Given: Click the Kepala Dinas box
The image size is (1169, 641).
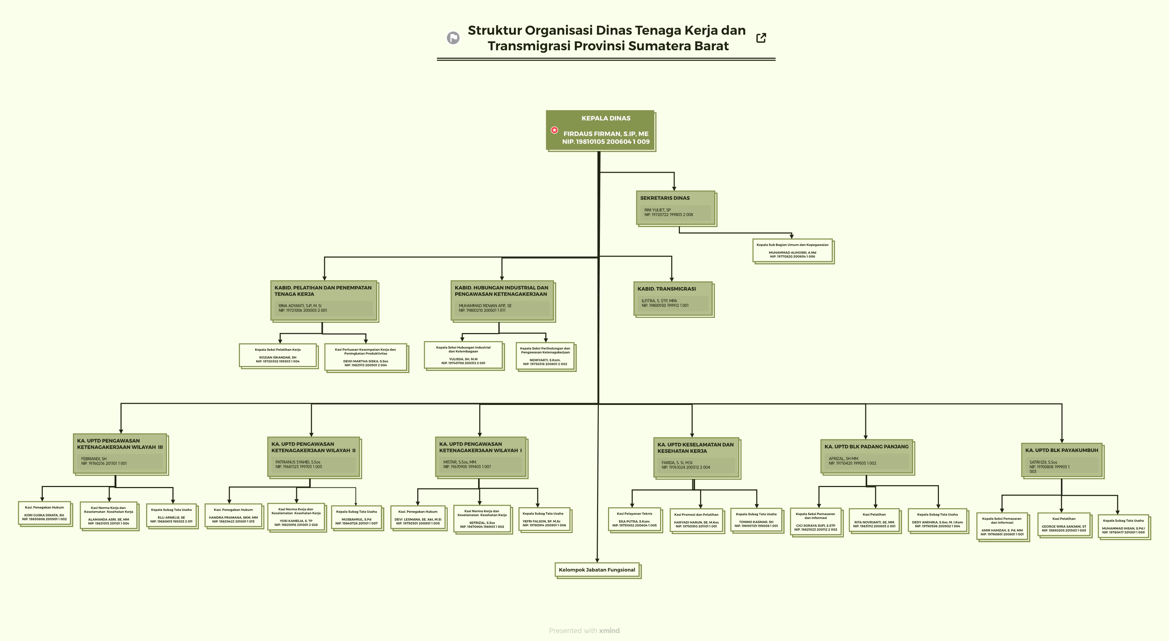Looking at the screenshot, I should pos(600,130).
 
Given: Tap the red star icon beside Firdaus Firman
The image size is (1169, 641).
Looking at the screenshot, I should pos(555,130).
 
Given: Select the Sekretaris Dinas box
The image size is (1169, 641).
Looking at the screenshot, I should pos(675,207).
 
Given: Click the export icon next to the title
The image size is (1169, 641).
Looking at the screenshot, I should pos(761,38).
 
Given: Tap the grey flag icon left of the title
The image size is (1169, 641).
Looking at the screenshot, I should pos(453,38).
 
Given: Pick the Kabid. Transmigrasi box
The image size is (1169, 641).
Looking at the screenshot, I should pos(672,298).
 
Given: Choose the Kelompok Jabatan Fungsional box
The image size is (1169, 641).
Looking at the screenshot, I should pos(597,570).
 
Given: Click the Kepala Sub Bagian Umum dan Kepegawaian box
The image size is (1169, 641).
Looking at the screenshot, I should pos(792,251).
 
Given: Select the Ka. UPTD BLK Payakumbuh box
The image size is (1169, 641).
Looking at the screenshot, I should pos(1061,460).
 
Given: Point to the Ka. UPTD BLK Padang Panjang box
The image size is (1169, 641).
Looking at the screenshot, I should pos(866,456).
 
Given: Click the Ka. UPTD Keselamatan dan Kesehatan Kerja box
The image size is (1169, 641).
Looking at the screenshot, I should pos(696,457).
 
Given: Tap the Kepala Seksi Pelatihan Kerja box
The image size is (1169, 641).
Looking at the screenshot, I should pos(278,355).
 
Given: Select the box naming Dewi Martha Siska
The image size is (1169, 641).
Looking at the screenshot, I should pos(366,357).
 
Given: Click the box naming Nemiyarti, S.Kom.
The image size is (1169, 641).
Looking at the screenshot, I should pos(545,356).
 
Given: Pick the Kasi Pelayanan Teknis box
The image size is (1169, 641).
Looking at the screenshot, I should pos(635,519).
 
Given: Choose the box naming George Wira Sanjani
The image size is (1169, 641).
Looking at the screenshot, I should pos(1064,524).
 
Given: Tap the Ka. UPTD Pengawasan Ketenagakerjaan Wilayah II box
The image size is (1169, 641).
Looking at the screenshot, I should pos(313,456).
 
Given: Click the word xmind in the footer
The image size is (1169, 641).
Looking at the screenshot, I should pos(609,631).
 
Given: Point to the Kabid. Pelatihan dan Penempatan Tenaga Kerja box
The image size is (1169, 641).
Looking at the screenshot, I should pos(323,301).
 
